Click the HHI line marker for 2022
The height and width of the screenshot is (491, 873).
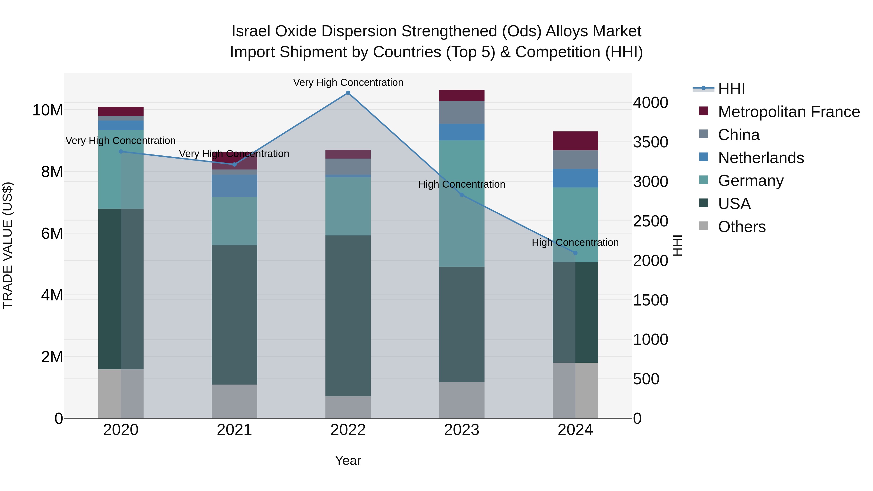348,93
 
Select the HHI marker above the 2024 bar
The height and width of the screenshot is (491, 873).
575,253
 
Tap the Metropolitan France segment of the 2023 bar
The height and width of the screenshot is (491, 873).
461,96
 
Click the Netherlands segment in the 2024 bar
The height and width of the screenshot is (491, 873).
575,178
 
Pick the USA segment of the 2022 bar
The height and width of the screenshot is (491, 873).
348,316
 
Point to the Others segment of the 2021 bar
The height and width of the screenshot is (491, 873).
234,401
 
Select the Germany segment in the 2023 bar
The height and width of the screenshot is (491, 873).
461,203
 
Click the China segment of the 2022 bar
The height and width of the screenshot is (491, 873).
348,166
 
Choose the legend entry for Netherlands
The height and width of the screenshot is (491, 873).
760,158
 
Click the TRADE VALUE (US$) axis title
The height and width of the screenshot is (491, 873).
8,245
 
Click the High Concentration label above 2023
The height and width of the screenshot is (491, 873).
461,184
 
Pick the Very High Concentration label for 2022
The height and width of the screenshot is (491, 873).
348,83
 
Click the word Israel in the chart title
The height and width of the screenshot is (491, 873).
251,32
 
